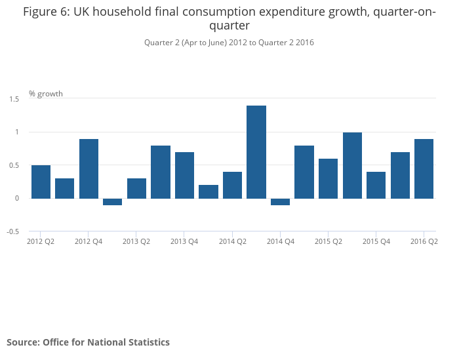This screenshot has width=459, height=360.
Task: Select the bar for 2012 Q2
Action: click(x=41, y=182)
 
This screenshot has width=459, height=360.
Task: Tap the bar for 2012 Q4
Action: click(x=89, y=169)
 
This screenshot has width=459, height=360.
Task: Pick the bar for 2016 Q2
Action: click(x=424, y=169)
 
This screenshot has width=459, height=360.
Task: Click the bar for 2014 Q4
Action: click(x=281, y=202)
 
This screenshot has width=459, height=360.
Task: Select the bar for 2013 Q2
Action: click(x=136, y=188)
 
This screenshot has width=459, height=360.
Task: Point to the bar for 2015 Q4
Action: click(x=376, y=185)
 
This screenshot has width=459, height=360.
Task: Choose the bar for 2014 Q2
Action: click(x=232, y=185)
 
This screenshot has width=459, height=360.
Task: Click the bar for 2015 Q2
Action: click(x=329, y=178)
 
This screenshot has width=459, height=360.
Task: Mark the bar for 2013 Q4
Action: click(x=184, y=175)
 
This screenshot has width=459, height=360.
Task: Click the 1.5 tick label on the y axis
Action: click(x=14, y=98)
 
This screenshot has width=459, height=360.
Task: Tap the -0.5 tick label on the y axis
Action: click(x=13, y=231)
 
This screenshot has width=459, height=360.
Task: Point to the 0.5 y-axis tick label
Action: click(x=14, y=165)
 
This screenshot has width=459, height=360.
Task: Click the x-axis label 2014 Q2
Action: click(x=232, y=241)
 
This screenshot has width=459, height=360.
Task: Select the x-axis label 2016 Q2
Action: click(x=424, y=241)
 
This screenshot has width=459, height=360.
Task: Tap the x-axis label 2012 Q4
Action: click(x=89, y=241)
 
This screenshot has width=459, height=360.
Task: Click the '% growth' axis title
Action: click(x=46, y=94)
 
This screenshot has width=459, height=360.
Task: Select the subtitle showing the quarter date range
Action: click(x=229, y=43)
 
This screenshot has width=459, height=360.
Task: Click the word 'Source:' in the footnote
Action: click(x=24, y=342)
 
